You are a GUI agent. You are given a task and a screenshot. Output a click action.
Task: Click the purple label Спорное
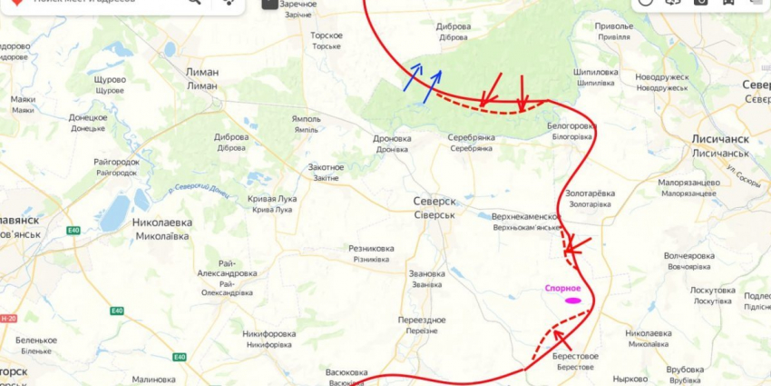pyautogui.click(x=562, y=288)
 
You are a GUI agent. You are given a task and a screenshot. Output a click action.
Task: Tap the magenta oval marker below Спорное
pyautogui.click(x=572, y=300)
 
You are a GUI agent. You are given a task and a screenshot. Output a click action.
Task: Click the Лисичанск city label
pyautogui.click(x=720, y=140)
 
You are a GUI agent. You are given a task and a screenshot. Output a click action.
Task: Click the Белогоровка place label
pyautogui.click(x=572, y=125)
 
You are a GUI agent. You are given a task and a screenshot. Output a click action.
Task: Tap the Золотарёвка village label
pyautogui.click(x=590, y=193)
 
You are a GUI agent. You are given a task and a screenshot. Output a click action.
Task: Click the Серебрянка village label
pyautogui.click(x=472, y=137)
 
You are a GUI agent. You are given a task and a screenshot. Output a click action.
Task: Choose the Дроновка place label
pyautogui.click(x=392, y=139)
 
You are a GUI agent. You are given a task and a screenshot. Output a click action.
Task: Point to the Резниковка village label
pyautogui.click(x=371, y=248)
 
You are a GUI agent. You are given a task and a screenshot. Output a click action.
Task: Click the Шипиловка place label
pyautogui.click(x=596, y=72)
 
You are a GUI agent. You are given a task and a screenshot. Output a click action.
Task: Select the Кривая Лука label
pyautogui.click(x=272, y=199)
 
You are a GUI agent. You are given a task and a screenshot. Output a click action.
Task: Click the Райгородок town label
pyautogui.click(x=115, y=162)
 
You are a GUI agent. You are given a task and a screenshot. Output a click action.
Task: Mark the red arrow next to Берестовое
pyautogui.click(x=563, y=341)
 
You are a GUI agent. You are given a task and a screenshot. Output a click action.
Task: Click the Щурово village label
pyautogui.click(x=109, y=79)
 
